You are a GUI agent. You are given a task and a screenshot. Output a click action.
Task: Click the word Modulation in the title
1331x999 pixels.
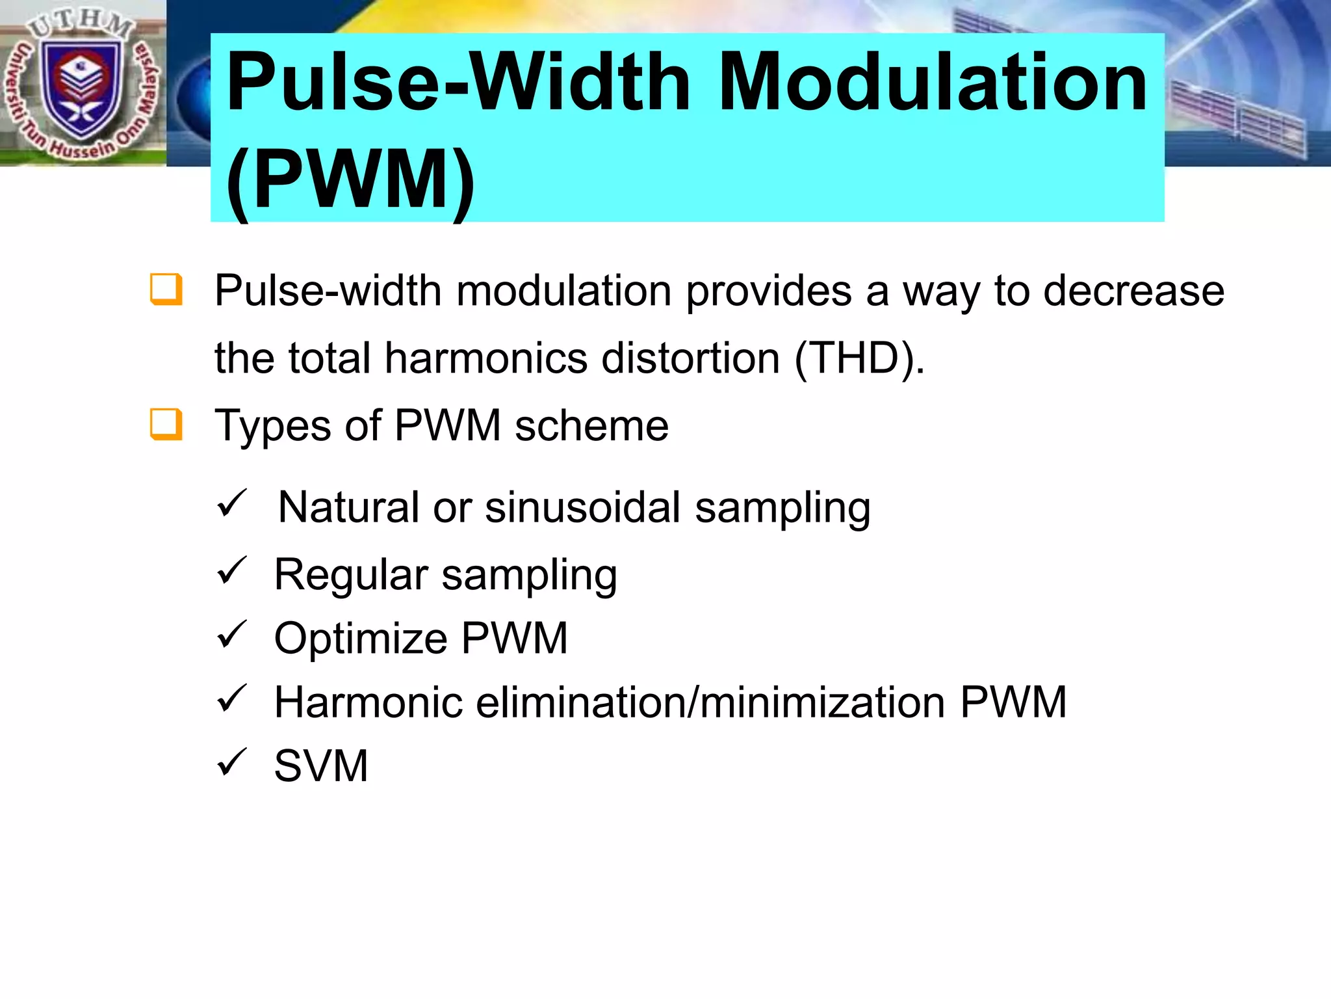pyautogui.click(x=933, y=83)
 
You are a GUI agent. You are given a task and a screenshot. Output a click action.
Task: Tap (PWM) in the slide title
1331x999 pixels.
pyautogui.click(x=351, y=179)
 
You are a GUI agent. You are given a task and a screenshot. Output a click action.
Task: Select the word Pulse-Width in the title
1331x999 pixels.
pyautogui.click(x=459, y=83)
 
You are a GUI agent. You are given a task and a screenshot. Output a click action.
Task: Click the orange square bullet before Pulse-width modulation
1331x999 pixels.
pyautogui.click(x=166, y=289)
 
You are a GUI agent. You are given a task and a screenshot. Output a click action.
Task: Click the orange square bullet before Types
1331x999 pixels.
pyautogui.click(x=166, y=424)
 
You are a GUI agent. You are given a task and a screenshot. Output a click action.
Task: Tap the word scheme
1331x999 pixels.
pyautogui.click(x=591, y=426)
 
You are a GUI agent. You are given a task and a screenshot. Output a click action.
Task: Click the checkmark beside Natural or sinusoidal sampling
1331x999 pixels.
pyautogui.click(x=232, y=503)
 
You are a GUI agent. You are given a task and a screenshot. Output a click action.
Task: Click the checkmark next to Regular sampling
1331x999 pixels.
pyautogui.click(x=232, y=571)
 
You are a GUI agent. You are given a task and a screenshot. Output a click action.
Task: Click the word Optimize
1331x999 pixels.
pyautogui.click(x=360, y=639)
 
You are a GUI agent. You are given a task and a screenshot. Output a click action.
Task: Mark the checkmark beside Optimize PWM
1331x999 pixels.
pyautogui.click(x=232, y=634)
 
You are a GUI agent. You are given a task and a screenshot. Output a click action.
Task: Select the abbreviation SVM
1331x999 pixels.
pyautogui.click(x=321, y=766)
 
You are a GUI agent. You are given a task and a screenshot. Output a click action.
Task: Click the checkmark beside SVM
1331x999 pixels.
pyautogui.click(x=232, y=762)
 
